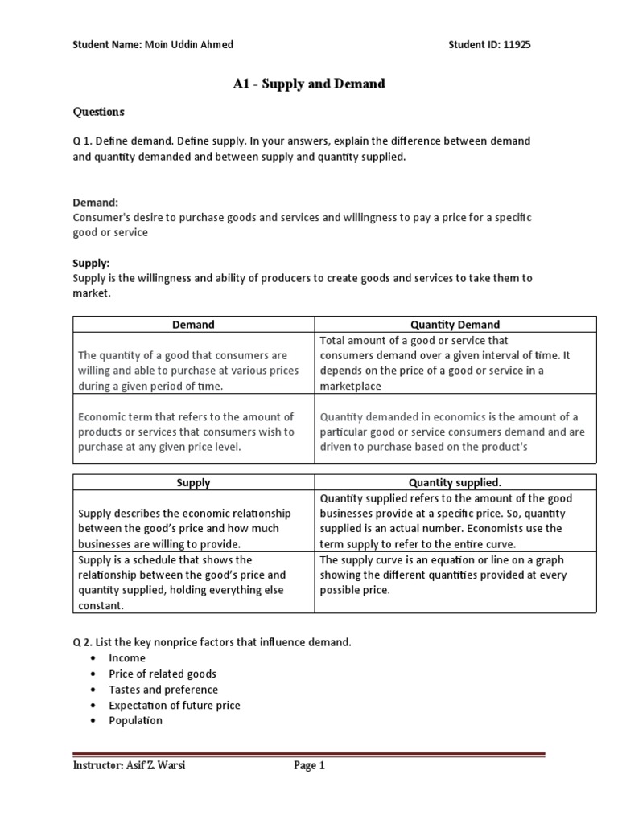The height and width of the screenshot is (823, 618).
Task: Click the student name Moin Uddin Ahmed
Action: pos(187,45)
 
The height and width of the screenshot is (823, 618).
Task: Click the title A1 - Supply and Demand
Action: pos(308,84)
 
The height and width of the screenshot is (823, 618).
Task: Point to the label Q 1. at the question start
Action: pos(84,141)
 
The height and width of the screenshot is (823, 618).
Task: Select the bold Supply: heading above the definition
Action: pos(91,263)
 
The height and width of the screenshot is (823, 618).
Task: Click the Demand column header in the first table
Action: pos(193,325)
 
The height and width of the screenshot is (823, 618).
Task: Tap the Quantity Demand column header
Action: pos(455,325)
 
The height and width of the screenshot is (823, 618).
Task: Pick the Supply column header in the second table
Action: pos(193,483)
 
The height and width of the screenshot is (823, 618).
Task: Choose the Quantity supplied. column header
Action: pos(455,483)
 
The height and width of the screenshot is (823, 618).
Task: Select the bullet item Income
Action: pos(127,658)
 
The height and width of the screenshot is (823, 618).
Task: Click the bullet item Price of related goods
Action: pos(163,674)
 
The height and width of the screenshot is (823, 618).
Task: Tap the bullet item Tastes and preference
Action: pos(163,690)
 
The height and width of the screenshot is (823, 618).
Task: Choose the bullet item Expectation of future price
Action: pos(175,705)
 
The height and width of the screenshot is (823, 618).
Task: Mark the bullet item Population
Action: pos(135,720)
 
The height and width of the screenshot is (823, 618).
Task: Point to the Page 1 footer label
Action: pos(309,766)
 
